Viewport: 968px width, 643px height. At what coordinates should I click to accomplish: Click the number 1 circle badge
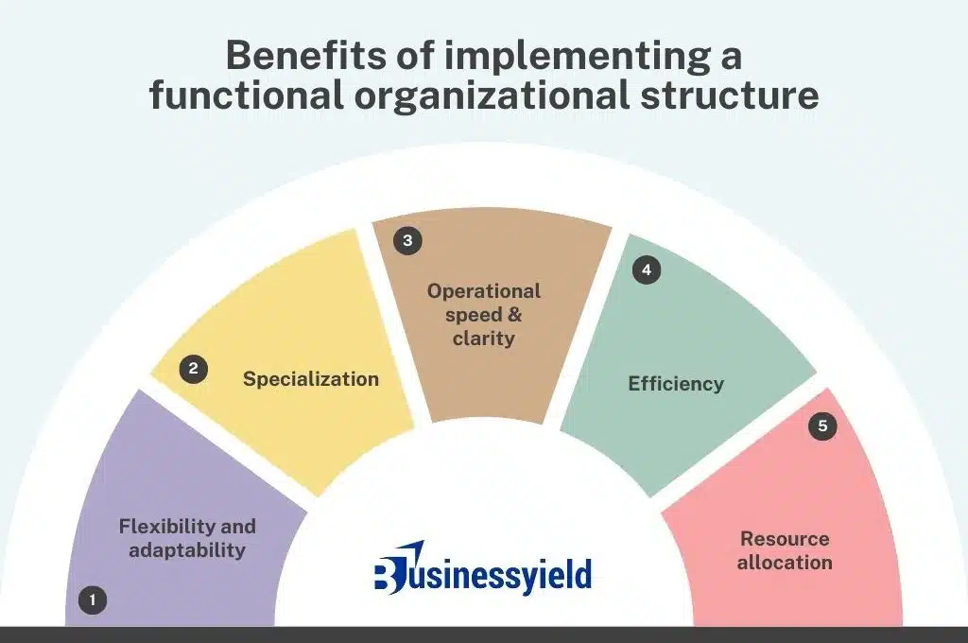(x=93, y=600)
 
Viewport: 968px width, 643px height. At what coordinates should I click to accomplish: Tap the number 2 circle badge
(x=193, y=369)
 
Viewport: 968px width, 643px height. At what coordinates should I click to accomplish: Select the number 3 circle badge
(x=407, y=240)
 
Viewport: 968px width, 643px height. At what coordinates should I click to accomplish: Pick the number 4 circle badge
(x=647, y=269)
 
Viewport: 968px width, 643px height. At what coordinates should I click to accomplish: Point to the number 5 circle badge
(x=822, y=426)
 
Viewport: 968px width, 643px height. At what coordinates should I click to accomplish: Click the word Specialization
(x=310, y=379)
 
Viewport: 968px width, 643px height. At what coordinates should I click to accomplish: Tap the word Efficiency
(x=676, y=384)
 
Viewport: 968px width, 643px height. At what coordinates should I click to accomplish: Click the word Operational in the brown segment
(x=484, y=291)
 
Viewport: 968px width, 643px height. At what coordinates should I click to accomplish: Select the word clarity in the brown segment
(x=483, y=339)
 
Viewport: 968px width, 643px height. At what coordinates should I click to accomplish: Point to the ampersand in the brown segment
(x=514, y=315)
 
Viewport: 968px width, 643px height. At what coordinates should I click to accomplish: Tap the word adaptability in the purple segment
(x=187, y=549)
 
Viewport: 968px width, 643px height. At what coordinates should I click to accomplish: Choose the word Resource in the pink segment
(x=785, y=539)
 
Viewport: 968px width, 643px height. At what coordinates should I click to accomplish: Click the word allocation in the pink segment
(x=785, y=562)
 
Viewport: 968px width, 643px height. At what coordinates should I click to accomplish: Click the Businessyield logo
(x=483, y=569)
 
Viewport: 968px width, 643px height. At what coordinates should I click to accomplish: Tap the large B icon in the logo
(x=390, y=571)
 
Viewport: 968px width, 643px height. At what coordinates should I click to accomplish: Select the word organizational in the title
(x=492, y=96)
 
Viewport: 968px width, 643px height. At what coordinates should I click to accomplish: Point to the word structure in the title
(x=730, y=96)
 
